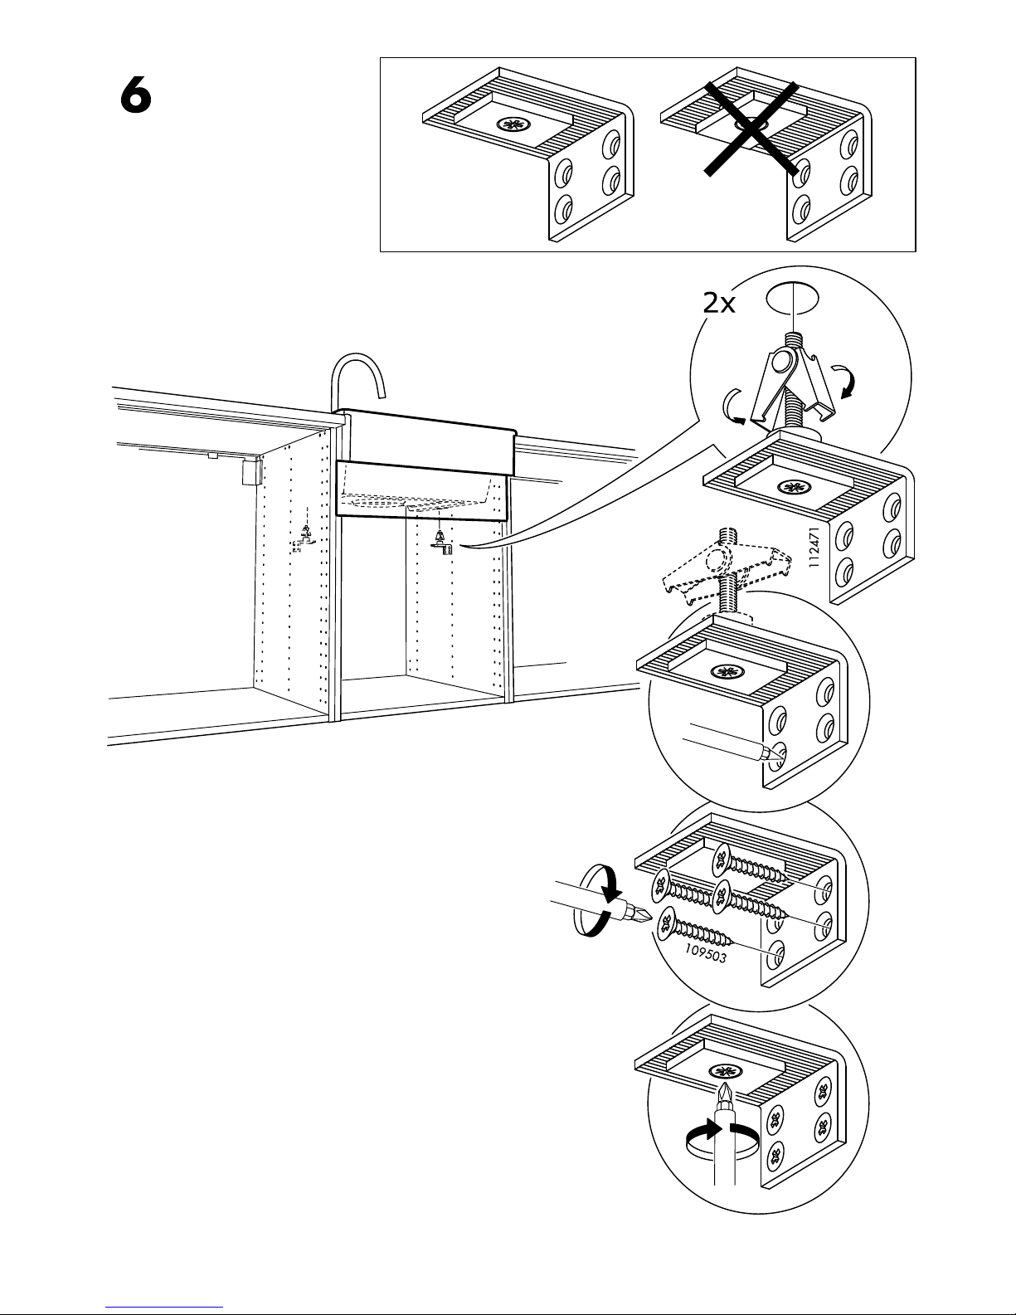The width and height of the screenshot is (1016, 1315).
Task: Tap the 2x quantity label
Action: [x=718, y=304]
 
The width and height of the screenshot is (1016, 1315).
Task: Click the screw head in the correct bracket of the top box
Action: [x=510, y=126]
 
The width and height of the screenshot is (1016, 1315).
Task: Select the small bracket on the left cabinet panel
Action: [x=303, y=540]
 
